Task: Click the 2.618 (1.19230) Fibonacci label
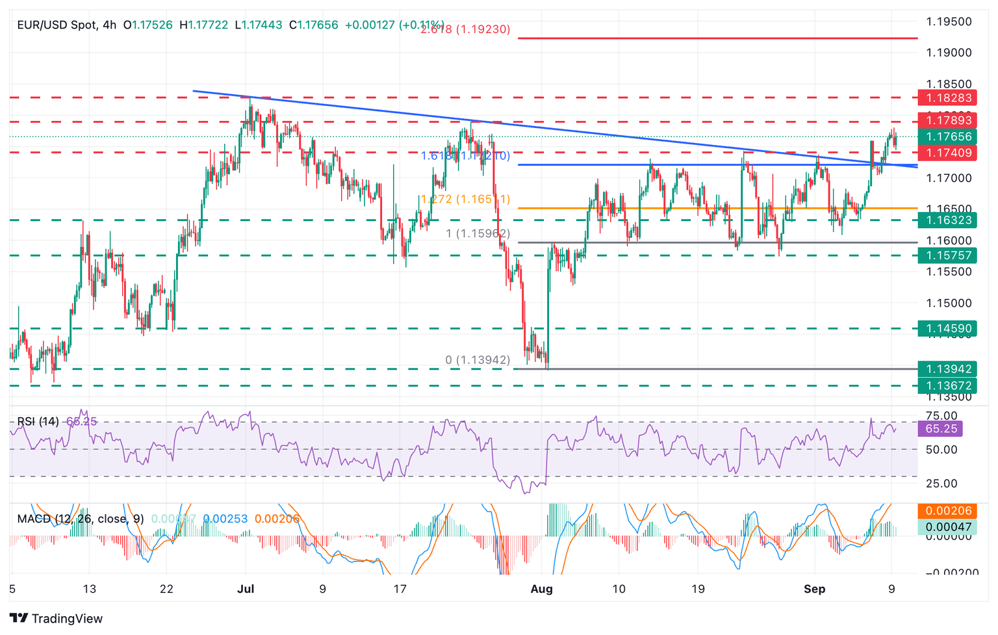pos(465,29)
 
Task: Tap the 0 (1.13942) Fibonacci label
pos(478,360)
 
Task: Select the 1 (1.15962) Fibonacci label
pos(478,233)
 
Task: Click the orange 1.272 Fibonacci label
pos(465,200)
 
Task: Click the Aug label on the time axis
pos(541,590)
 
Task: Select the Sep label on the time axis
pos(814,590)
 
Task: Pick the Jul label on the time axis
pos(246,590)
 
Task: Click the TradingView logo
pos(57,618)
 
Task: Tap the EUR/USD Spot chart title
pos(57,25)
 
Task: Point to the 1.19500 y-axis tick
pos(949,21)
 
